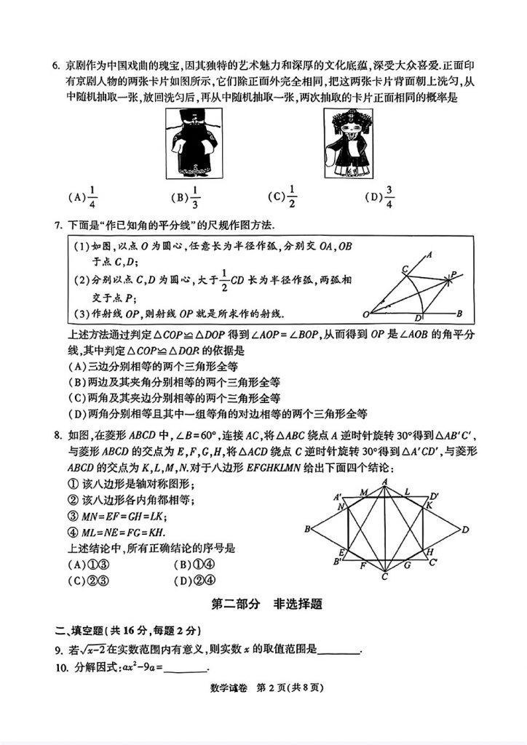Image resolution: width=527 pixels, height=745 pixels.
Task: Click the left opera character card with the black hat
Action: pyautogui.click(x=194, y=143)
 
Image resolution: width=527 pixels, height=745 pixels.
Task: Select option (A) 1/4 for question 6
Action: pyautogui.click(x=82, y=196)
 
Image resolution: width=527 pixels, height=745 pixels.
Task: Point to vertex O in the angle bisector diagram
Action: pyautogui.click(x=366, y=314)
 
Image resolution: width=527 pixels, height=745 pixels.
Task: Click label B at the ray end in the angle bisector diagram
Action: pyautogui.click(x=459, y=314)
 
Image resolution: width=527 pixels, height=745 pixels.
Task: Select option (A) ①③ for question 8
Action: pyautogui.click(x=87, y=565)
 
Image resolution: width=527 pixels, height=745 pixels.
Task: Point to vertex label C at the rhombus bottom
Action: pyautogui.click(x=384, y=577)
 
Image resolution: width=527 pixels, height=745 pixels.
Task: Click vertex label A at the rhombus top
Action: pyautogui.click(x=384, y=481)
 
